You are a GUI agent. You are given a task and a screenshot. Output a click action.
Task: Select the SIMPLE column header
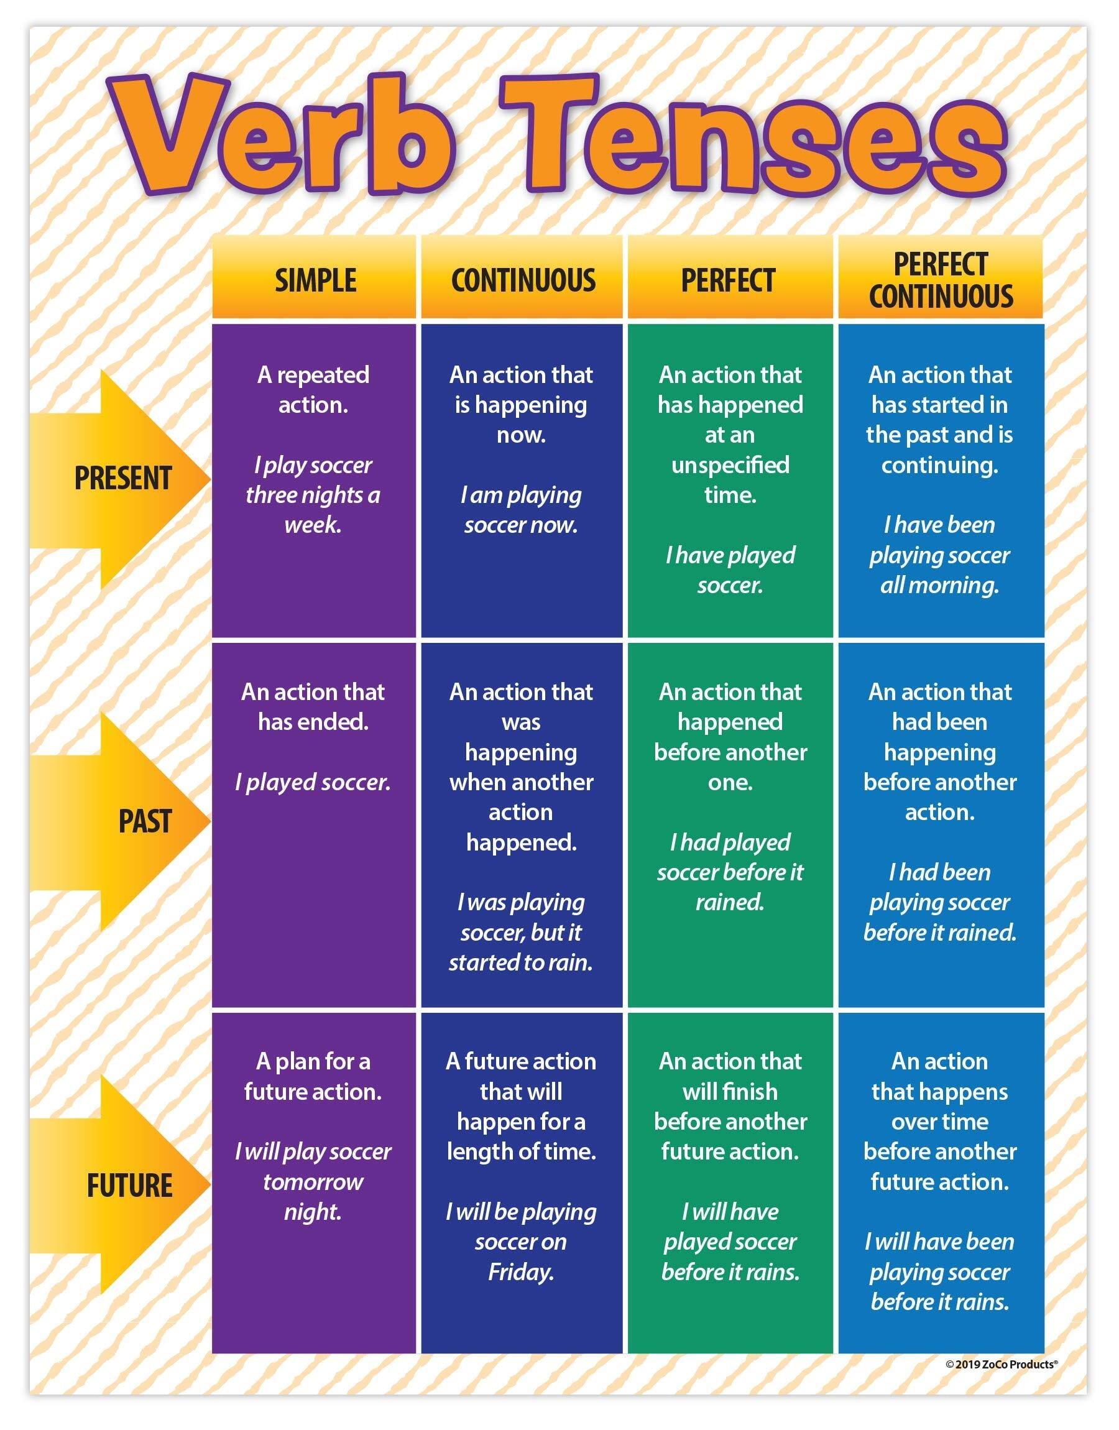315,280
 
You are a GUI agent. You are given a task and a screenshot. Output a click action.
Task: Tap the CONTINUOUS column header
523,280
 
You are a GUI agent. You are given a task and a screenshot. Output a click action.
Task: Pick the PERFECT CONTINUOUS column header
940,280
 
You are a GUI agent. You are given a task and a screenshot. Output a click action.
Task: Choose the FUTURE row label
130,1186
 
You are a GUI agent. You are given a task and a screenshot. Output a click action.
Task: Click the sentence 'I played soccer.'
313,782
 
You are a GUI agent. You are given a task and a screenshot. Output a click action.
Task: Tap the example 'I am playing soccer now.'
521,510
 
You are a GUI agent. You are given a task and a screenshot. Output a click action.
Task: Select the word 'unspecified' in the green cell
730,465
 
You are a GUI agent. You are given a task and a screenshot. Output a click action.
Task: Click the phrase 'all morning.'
939,585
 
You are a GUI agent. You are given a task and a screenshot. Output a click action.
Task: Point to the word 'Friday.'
521,1272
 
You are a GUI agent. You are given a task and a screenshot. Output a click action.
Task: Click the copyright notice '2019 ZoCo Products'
1001,1365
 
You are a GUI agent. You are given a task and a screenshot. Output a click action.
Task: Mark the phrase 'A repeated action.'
313,390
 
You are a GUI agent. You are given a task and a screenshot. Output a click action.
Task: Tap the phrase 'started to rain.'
521,962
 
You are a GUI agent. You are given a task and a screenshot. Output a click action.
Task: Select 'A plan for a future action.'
313,1076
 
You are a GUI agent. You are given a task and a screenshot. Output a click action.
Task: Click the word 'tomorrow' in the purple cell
313,1182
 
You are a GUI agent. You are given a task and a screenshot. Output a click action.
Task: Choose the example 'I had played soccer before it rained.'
730,872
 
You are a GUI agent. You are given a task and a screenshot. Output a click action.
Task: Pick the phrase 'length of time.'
521,1151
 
